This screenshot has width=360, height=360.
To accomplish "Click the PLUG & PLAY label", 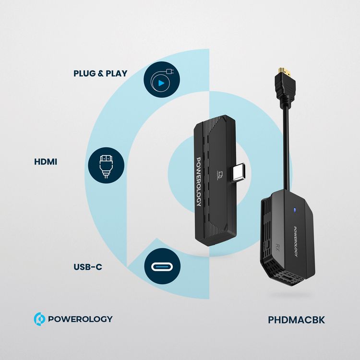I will click(x=100, y=73).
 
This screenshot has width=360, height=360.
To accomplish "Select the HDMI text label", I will click(x=46, y=162).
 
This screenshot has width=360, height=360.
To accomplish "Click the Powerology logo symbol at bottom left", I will click(x=39, y=319).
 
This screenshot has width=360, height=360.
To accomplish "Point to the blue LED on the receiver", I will click(x=293, y=209).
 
